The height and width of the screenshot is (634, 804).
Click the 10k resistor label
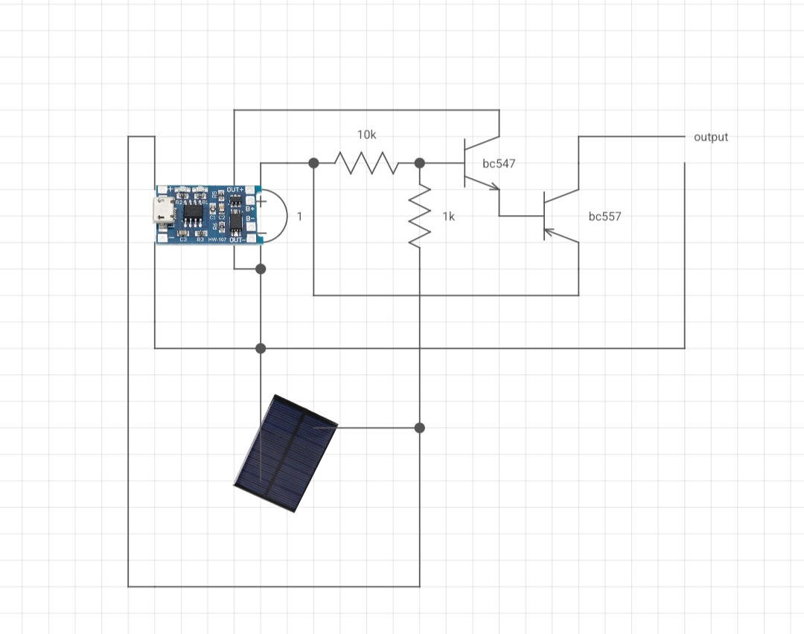[x=366, y=135]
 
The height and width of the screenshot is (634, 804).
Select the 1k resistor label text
[x=448, y=217]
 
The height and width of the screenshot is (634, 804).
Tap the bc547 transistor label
[x=499, y=163]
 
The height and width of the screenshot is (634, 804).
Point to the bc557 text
[x=604, y=217]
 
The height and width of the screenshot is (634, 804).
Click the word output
[x=710, y=137]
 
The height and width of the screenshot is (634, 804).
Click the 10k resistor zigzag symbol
[x=366, y=162]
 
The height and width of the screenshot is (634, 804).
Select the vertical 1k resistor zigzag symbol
[x=420, y=216]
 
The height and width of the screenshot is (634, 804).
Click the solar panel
[x=287, y=452]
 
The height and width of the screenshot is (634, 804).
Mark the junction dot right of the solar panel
[x=419, y=427]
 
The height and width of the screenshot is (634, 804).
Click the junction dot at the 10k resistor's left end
[x=313, y=162]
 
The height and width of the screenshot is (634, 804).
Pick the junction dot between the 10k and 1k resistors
[x=419, y=162]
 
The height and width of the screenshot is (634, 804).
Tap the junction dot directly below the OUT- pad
[x=261, y=268]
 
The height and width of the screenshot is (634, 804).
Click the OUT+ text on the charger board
[x=235, y=189]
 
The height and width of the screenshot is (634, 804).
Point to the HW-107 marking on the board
[x=217, y=240]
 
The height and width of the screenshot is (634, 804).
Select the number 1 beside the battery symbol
[x=299, y=217]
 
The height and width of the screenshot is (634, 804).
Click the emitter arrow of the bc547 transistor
[x=494, y=188]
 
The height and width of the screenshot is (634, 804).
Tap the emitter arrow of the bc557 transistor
[x=549, y=232]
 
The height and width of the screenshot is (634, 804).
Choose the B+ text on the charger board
[x=250, y=209]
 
